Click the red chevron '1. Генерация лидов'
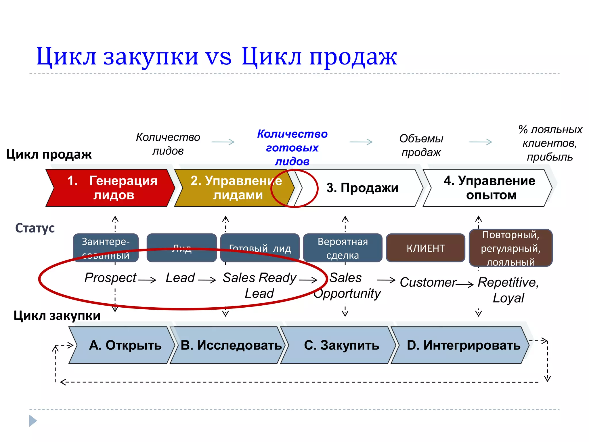click(111, 188)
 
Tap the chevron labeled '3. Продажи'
click(362, 188)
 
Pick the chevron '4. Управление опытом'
click(489, 188)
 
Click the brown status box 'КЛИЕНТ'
click(425, 248)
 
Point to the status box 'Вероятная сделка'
click(343, 248)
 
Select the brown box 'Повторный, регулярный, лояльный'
click(510, 248)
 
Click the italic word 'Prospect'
click(110, 278)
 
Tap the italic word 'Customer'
click(428, 282)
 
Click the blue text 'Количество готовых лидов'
click(292, 147)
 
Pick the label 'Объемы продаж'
click(421, 145)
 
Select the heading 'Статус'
click(35, 228)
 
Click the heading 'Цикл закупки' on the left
click(57, 315)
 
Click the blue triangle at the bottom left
click(33, 421)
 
